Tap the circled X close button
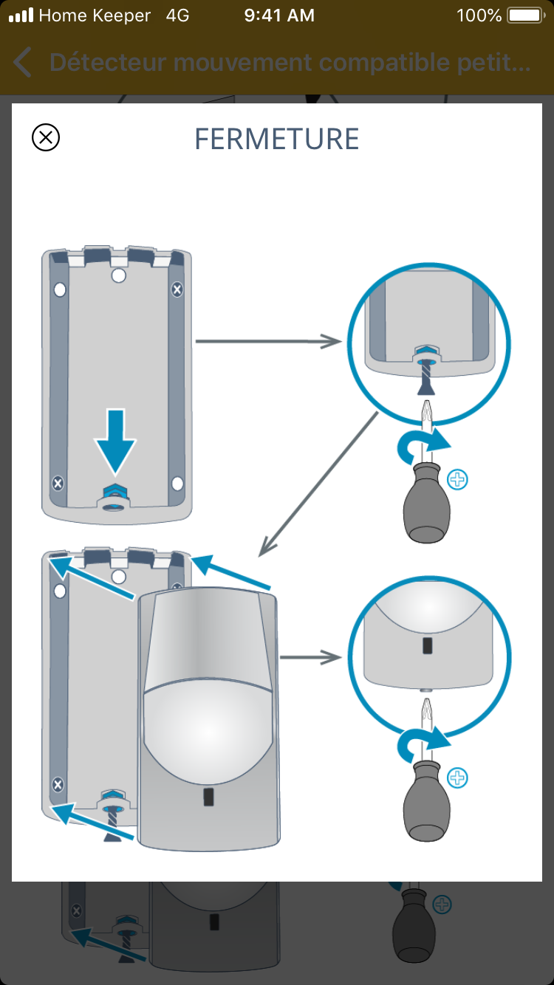point(46,137)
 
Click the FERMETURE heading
point(276,139)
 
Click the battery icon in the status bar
point(525,16)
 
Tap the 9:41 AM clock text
point(278,16)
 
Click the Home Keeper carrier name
point(94,16)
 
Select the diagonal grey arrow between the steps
point(318,484)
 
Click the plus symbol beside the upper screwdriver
point(458,480)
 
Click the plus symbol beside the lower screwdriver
point(458,778)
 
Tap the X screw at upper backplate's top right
point(177,289)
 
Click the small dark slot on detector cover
point(208,797)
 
